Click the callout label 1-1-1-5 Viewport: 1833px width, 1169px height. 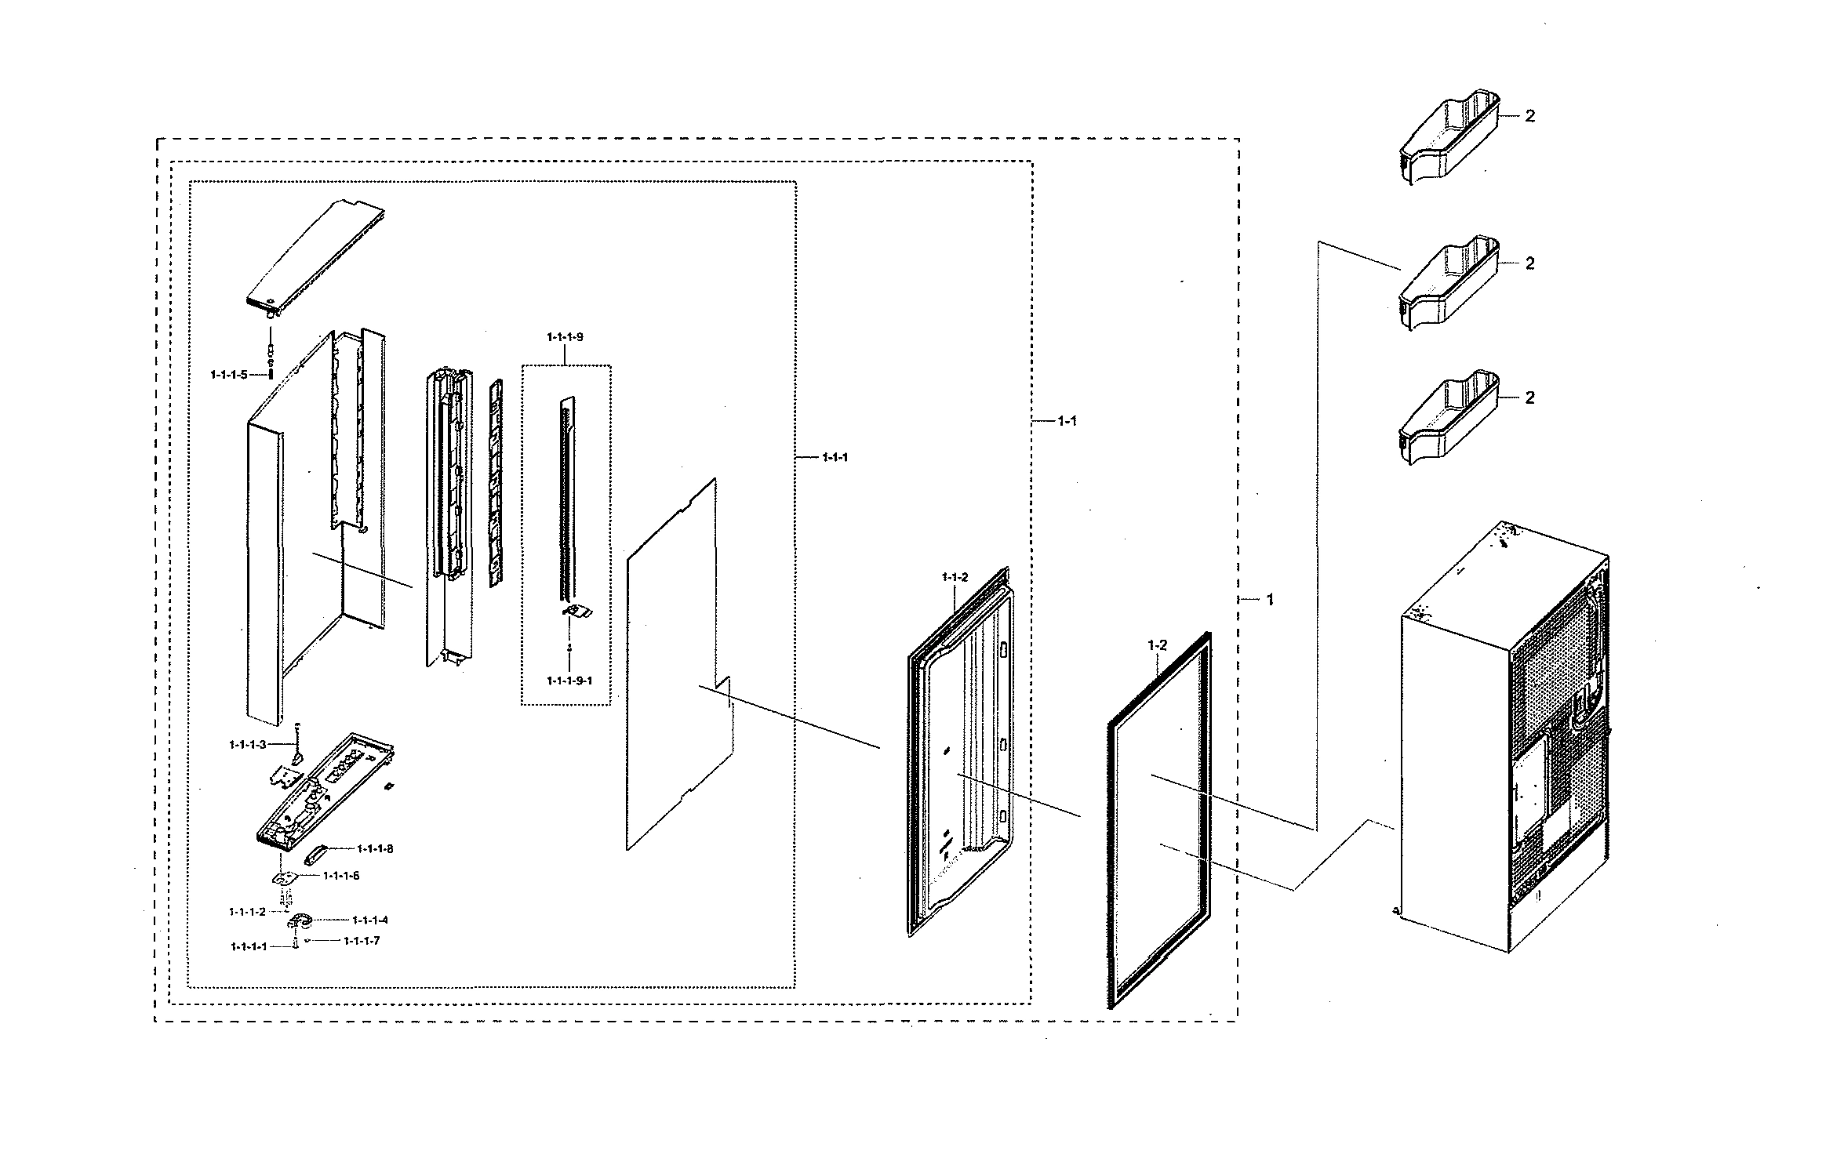tap(228, 375)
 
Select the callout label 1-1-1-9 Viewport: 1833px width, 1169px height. tap(565, 337)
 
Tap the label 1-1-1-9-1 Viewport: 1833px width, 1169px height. tap(569, 681)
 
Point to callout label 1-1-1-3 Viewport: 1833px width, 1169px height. tap(247, 744)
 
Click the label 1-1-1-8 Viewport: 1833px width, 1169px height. tap(374, 848)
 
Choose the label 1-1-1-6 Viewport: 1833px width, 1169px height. tap(340, 876)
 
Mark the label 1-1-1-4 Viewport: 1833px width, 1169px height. tap(369, 920)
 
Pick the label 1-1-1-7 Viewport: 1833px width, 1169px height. tap(361, 941)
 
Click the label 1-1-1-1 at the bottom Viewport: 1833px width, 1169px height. tap(249, 947)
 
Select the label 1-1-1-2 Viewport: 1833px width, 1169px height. tap(247, 912)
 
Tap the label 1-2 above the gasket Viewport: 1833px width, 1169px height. tap(1157, 645)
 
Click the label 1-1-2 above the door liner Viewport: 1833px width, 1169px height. tap(955, 578)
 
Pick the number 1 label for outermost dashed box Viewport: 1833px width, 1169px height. tap(1270, 600)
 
